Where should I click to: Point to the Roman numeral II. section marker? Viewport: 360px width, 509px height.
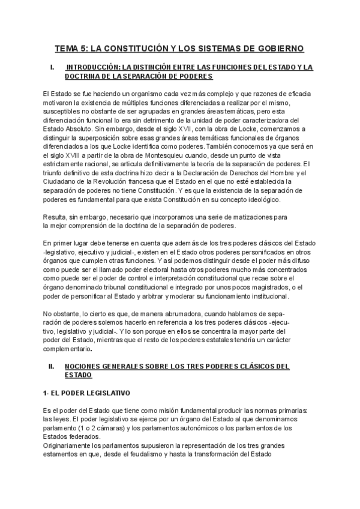(52, 366)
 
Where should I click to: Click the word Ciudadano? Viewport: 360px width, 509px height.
(60, 181)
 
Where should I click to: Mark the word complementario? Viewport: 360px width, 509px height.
(67, 349)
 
